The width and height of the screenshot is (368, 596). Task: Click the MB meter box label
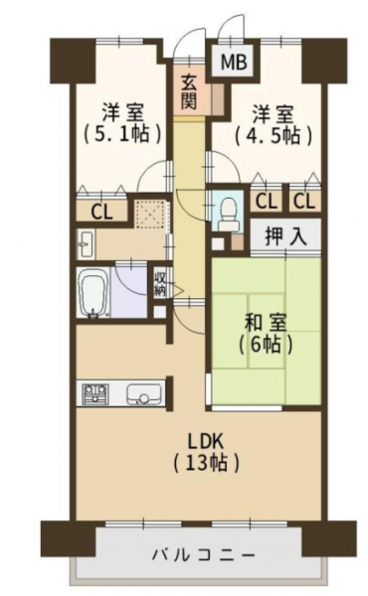(234, 62)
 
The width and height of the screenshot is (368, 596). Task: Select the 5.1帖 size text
(121, 134)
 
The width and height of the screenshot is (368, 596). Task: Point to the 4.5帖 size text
(274, 135)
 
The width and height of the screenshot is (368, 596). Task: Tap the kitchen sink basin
(144, 394)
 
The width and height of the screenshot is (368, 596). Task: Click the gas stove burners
(95, 393)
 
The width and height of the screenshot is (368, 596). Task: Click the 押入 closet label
(285, 237)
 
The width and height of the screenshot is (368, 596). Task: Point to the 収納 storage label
(160, 283)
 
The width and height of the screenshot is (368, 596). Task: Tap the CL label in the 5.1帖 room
(101, 213)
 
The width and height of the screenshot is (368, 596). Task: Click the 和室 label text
(267, 324)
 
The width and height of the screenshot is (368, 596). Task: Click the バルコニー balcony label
(203, 555)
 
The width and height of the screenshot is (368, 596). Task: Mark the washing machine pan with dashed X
(151, 214)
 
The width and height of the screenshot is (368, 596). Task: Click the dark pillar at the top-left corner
(75, 61)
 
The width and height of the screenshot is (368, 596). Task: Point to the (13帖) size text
(207, 464)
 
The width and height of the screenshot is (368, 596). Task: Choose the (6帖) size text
(266, 345)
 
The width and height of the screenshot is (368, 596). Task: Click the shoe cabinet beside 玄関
(218, 98)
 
